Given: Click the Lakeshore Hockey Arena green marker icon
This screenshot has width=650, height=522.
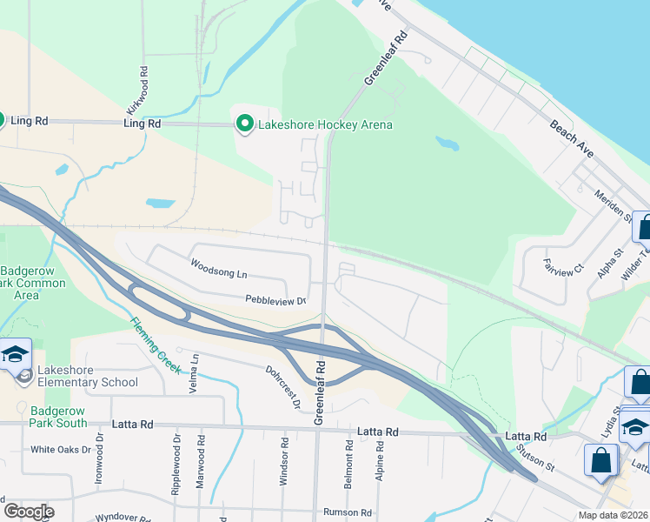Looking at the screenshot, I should pos(245,124).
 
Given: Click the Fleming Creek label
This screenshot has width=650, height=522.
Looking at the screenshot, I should pos(156,345).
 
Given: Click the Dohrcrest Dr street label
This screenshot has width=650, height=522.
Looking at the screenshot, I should pos(283,386).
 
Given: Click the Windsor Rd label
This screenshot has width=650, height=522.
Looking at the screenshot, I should pos(284,455).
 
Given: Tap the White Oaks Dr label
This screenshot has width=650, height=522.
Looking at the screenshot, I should pos(61,450).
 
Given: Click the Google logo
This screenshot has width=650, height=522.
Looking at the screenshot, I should pos(29,511).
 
